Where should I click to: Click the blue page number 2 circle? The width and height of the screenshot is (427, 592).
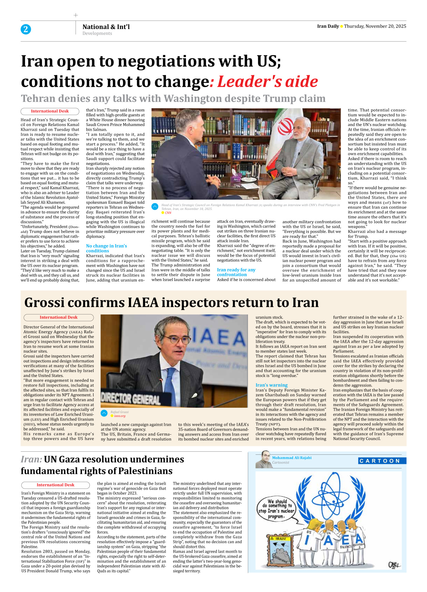coord(26,29)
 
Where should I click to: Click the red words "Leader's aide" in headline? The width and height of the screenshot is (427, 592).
coord(267,82)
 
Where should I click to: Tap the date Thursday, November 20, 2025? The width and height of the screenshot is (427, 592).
coord(375,26)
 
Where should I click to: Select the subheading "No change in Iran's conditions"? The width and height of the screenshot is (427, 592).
coord(106,248)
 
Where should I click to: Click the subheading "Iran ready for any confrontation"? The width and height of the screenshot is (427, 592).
coord(236,272)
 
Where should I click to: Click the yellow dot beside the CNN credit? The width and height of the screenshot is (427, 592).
coord(163,213)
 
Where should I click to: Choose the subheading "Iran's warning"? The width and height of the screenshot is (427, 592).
coord(272,385)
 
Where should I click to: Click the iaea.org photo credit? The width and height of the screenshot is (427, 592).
coord(120,416)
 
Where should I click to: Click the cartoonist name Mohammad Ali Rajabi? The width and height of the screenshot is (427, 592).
coord(291,458)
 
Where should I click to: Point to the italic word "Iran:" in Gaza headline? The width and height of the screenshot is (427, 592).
coord(31,460)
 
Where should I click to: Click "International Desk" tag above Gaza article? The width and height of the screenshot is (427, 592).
coord(55,485)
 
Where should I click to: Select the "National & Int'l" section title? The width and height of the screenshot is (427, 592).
coord(106,27)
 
